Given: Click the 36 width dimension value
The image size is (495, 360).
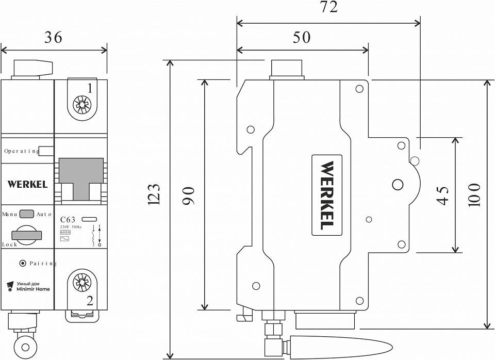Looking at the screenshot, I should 54,37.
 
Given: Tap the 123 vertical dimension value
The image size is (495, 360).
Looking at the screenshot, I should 155,194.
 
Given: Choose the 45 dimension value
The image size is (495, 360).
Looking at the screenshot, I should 442,195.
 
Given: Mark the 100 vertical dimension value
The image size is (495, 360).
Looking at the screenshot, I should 474,195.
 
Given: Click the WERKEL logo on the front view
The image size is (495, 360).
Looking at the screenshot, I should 28,184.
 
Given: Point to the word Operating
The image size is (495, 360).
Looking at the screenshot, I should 21,151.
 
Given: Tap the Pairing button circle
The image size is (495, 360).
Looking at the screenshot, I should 22,264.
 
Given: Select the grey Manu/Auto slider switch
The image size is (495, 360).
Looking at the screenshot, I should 28,214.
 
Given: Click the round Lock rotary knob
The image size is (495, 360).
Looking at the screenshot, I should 27,234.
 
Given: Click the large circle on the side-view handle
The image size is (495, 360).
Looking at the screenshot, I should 398,185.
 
